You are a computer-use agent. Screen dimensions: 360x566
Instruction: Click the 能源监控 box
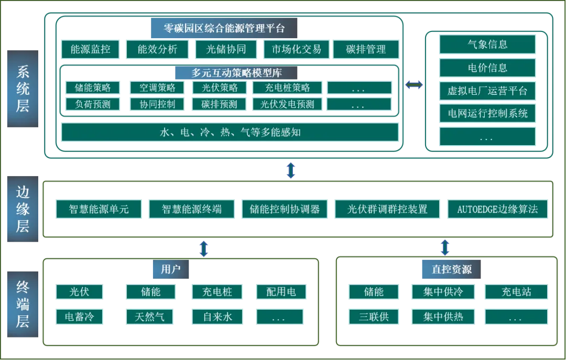tap(91, 49)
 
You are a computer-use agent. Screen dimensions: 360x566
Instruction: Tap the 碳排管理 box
tap(366, 49)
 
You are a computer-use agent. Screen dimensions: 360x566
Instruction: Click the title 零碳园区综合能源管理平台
tap(224, 28)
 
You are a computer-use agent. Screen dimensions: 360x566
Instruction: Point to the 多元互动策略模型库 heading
tap(229, 73)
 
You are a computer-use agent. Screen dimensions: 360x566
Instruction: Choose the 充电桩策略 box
tap(287, 88)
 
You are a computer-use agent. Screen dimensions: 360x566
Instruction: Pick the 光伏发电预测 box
tap(287, 104)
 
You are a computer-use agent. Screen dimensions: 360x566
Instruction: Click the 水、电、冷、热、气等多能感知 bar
tap(230, 132)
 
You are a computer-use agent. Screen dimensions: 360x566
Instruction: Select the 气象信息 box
tap(487, 45)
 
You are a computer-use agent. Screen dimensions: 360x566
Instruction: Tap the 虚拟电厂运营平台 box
tap(487, 91)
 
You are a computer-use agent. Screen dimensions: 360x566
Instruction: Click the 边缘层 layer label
tap(23, 209)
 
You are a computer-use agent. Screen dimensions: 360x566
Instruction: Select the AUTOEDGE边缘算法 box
tap(497, 209)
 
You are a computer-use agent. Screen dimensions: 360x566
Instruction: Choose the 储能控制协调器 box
tap(285, 209)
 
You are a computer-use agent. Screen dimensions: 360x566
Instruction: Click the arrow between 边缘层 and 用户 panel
tap(204, 248)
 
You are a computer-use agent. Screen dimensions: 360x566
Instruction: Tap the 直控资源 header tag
tap(452, 269)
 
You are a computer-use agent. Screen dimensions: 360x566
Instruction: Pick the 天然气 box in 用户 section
tap(150, 317)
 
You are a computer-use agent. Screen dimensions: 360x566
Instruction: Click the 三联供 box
tap(374, 317)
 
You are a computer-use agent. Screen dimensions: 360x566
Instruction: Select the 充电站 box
tap(516, 292)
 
